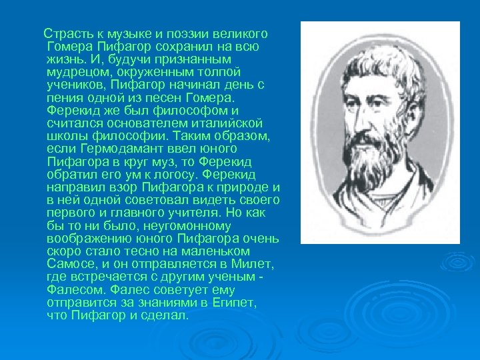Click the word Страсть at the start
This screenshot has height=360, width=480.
pos(64,34)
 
